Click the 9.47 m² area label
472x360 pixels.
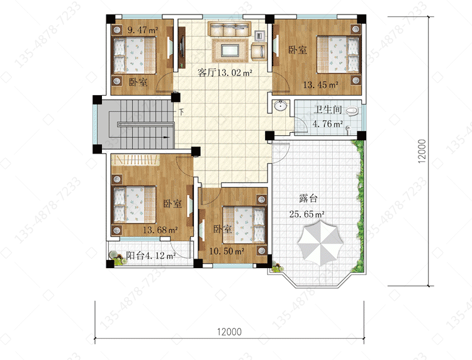tap(143, 30)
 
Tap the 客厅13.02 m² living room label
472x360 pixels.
tap(225, 72)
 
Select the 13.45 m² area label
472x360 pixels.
tap(320, 85)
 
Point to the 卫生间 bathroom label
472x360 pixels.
tap(327, 110)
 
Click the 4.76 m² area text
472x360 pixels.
tap(328, 124)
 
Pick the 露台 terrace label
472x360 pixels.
tap(308, 199)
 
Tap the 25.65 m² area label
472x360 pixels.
tap(306, 214)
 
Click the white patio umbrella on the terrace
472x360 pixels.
tap(320, 243)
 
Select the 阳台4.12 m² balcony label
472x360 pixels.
tap(151, 256)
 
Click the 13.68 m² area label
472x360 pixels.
tap(160, 230)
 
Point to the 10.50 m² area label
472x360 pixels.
tap(227, 251)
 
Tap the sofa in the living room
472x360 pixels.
tap(229, 29)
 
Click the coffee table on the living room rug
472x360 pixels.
tap(230, 50)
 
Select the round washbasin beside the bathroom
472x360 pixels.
tap(281, 106)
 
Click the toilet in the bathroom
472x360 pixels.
tap(352, 111)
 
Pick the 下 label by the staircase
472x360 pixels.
tap(181, 112)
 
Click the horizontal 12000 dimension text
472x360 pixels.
tap(229, 332)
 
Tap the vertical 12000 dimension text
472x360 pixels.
tap(422, 151)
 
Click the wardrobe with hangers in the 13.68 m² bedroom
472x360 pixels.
tap(135, 159)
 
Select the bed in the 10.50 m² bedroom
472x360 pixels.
tap(244, 225)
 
